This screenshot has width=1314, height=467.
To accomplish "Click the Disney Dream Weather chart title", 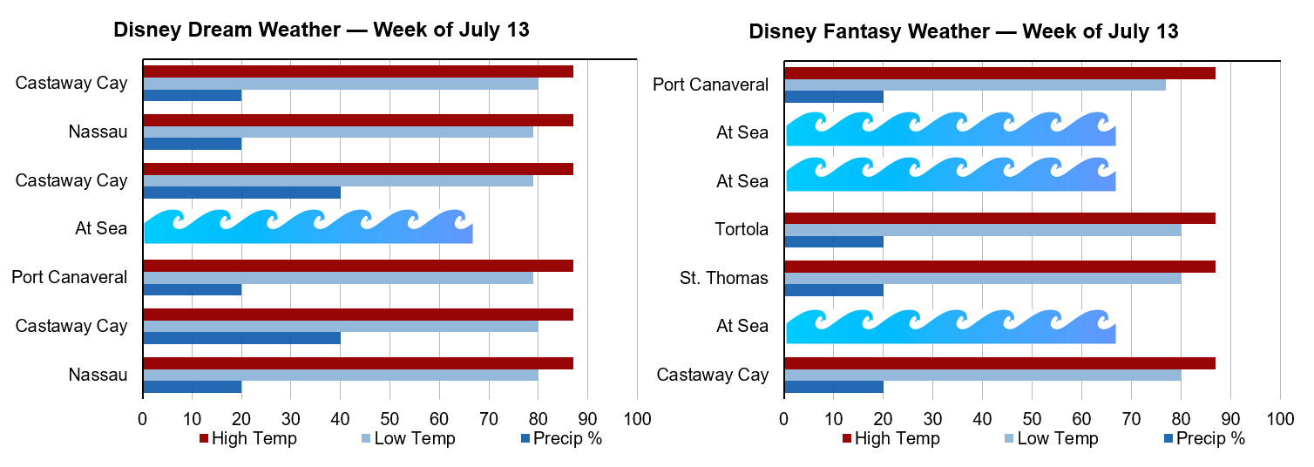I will point(322,30).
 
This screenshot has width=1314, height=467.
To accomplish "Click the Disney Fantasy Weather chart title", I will point(964,32).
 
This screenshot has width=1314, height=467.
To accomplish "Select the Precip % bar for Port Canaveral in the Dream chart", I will point(192,290).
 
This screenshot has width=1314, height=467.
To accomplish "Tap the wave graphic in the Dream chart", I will point(308,227).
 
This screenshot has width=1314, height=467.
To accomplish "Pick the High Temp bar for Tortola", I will point(999,218).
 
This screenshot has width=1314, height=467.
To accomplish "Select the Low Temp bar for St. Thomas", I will point(982,279).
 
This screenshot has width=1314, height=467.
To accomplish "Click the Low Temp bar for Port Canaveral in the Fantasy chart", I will point(974,85).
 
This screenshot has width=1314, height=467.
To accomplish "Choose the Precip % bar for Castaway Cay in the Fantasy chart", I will point(834,387).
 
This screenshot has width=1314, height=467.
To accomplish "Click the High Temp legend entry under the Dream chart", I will point(248,438).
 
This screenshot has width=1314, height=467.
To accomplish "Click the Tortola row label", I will point(741,230).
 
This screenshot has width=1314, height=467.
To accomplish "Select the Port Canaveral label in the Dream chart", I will point(70,278).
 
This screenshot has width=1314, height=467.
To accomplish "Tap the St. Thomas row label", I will point(724,279).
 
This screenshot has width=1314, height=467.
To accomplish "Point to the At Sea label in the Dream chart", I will point(101,230).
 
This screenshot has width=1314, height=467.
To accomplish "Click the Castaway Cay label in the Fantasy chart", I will point(713,376).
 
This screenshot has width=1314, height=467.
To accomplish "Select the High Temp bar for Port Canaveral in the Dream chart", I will point(357,266).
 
